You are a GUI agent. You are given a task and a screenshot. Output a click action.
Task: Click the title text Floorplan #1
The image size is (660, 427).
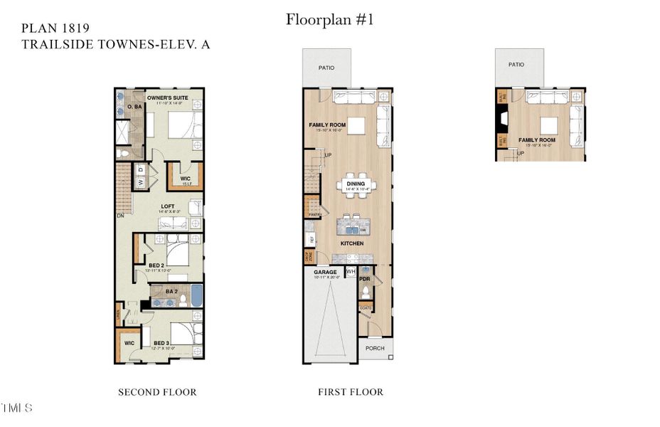point(329,19)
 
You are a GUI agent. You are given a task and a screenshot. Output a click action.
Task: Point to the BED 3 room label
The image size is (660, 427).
point(161,343)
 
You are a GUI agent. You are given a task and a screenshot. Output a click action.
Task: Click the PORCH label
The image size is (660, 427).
point(375,348)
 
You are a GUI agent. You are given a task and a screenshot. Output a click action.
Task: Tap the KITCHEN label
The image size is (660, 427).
point(351,243)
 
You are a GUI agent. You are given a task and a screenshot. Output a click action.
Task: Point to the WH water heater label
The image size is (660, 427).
point(351,272)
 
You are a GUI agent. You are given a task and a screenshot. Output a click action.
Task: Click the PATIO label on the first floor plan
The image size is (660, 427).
point(326,68)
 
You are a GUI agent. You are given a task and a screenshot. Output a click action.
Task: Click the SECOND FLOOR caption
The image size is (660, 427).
point(157,392)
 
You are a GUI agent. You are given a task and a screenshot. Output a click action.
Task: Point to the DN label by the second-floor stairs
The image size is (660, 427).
point(121,214)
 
